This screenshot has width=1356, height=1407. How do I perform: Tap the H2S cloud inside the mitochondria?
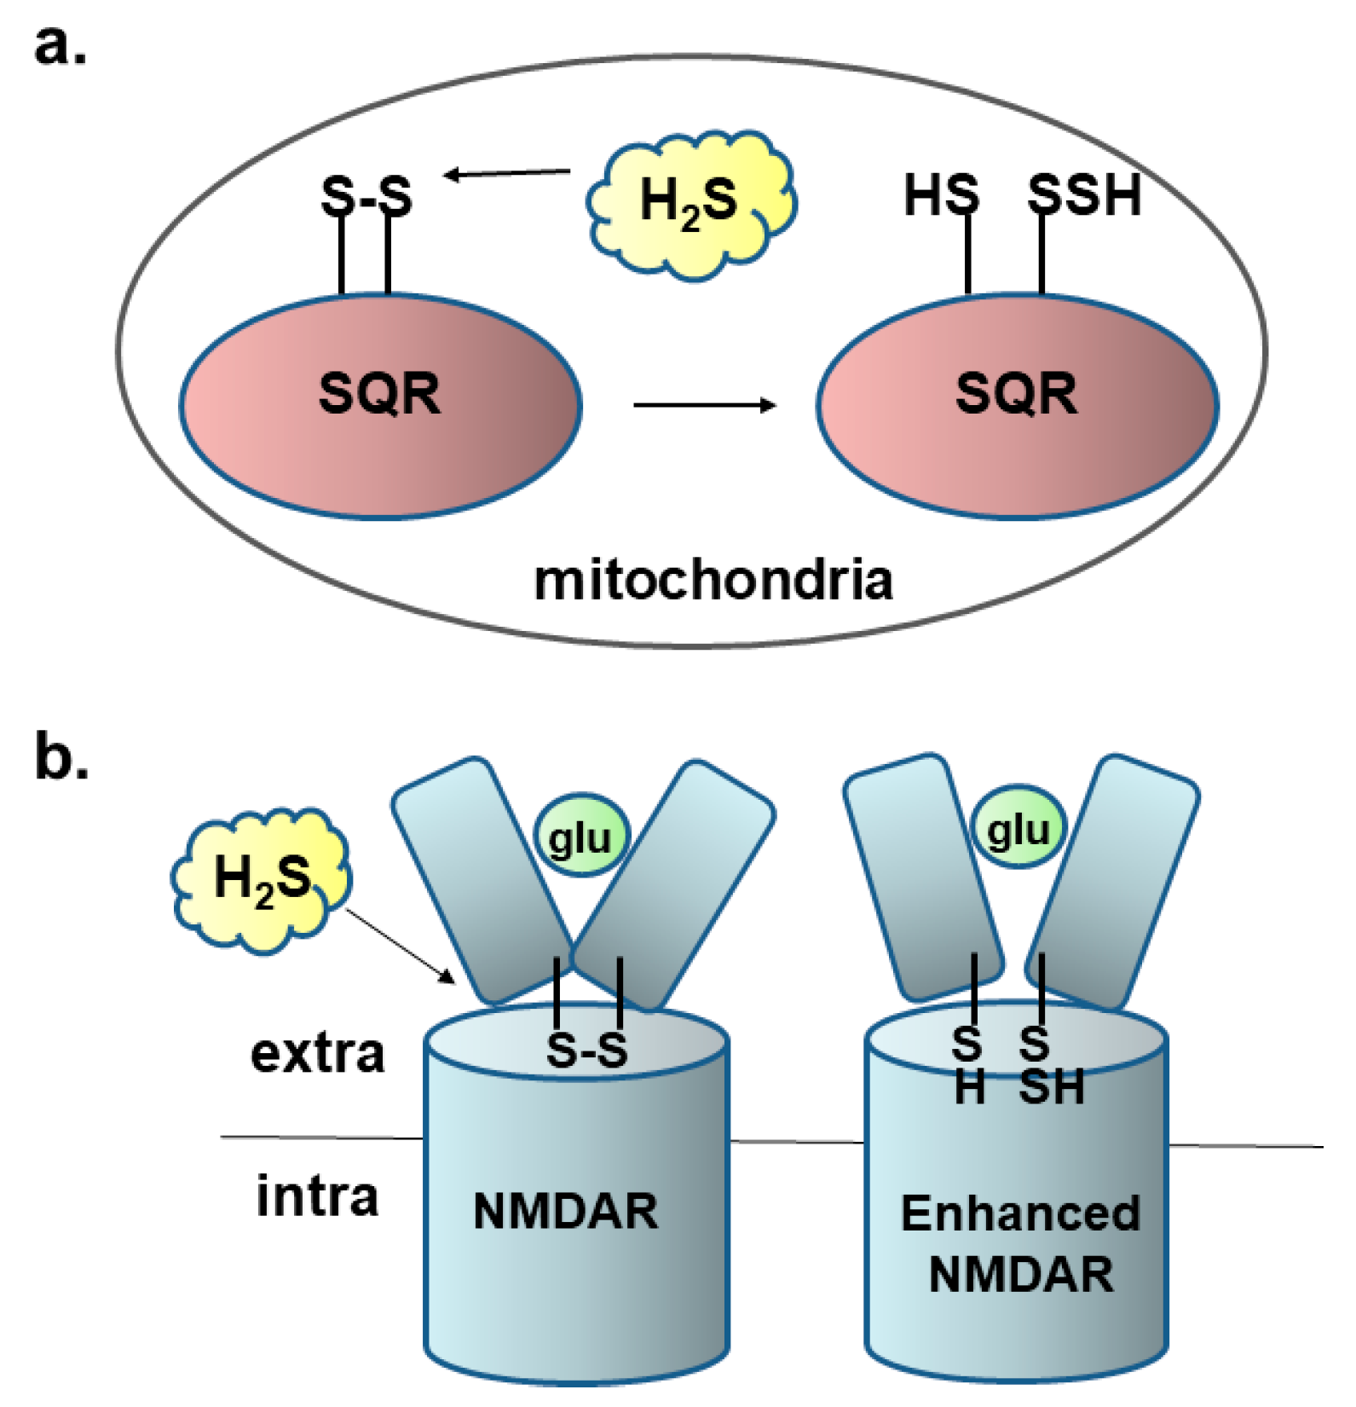689,203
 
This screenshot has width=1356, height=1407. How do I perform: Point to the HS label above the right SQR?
941,195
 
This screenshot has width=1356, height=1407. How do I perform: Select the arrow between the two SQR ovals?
704,404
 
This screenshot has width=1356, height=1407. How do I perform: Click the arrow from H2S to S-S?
508,174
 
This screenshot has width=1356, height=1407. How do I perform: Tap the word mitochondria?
713,581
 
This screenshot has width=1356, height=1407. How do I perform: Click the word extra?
317,1054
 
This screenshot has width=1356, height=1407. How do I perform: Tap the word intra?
317,1196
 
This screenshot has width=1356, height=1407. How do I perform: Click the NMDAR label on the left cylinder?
565,1211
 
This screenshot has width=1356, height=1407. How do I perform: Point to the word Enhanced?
1020,1213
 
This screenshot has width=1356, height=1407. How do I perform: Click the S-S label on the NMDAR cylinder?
587,1051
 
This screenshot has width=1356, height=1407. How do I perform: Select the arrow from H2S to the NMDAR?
400,946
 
